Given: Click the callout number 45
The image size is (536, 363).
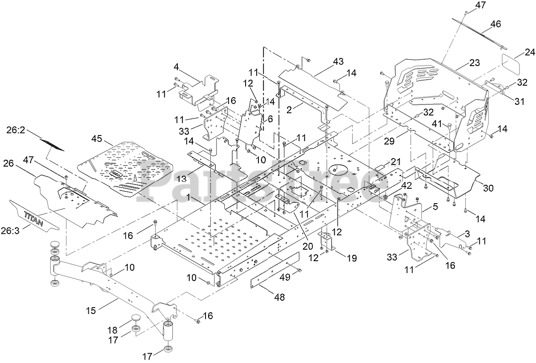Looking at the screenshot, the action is pyautogui.click(x=97, y=138).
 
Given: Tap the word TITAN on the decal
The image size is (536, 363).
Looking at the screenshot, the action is pyautogui.click(x=34, y=219).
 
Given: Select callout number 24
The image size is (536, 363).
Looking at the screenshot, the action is pyautogui.click(x=530, y=52).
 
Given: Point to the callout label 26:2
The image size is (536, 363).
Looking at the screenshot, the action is pyautogui.click(x=16, y=130).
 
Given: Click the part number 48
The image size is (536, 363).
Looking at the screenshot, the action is pyautogui.click(x=279, y=297).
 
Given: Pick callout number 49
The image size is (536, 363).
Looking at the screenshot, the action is pyautogui.click(x=285, y=277).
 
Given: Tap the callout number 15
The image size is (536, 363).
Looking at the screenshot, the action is pyautogui.click(x=91, y=311).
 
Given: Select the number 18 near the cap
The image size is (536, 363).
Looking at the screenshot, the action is pyautogui.click(x=113, y=330).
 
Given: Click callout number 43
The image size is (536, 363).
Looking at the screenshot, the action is pyautogui.click(x=338, y=61).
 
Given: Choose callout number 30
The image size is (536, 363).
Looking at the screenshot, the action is pyautogui.click(x=488, y=188).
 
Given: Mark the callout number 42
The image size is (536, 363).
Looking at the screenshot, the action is pyautogui.click(x=406, y=186).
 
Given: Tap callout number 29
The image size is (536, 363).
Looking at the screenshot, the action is pyautogui.click(x=389, y=141).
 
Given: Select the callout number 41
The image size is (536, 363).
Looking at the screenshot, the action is pyautogui.click(x=437, y=124).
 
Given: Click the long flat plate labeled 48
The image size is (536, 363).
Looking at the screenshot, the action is pyautogui.click(x=275, y=270).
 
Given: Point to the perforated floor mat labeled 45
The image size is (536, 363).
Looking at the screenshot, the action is pyautogui.click(x=126, y=169).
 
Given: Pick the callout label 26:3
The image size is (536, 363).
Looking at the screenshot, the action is pyautogui.click(x=10, y=231).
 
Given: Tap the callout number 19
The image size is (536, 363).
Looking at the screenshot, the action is pyautogui.click(x=352, y=258).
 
